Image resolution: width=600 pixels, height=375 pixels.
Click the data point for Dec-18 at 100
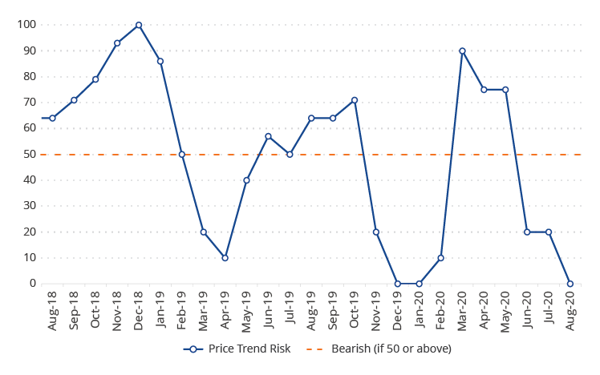tap(139, 25)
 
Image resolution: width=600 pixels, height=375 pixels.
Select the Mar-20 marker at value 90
tap(462, 50)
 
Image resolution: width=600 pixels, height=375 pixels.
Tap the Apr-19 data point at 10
tap(225, 258)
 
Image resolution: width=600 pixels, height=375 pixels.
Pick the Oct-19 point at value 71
tap(355, 100)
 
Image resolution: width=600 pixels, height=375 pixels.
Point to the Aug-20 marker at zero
tap(570, 284)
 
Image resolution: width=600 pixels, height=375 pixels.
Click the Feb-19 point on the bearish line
tap(182, 155)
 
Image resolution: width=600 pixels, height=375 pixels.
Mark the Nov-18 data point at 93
tap(117, 43)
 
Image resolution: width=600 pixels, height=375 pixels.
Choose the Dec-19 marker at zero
tap(397, 284)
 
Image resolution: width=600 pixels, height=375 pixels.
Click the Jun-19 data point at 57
tap(268, 136)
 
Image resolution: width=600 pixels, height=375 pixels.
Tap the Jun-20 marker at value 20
tap(527, 232)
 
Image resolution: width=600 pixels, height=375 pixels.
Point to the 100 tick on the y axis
tap(27, 25)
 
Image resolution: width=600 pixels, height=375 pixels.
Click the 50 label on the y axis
tap(30, 155)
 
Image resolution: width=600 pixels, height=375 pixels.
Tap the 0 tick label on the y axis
tap(34, 284)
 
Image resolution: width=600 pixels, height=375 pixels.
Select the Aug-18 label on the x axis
tap(53, 310)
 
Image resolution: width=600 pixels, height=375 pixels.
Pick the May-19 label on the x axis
tap(247, 310)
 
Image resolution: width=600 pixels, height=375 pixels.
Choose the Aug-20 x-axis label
tap(571, 310)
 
